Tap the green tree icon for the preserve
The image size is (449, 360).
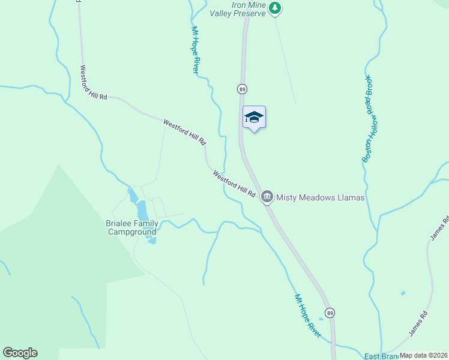[275, 8]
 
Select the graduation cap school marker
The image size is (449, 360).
[254, 117]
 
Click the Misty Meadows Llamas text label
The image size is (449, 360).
[321, 197]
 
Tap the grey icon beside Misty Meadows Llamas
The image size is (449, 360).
[267, 196]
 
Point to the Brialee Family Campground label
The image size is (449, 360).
[132, 227]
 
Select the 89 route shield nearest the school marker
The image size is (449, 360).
[242, 89]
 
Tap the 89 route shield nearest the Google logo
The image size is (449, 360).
[330, 313]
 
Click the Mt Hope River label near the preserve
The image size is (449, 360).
[195, 50]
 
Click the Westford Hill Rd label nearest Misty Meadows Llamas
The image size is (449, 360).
[234, 185]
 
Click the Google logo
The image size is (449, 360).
[20, 353]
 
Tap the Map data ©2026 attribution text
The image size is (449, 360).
[423, 355]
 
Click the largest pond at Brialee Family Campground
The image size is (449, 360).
[143, 211]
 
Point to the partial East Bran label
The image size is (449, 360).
[380, 356]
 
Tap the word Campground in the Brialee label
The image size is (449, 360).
[132, 232]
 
